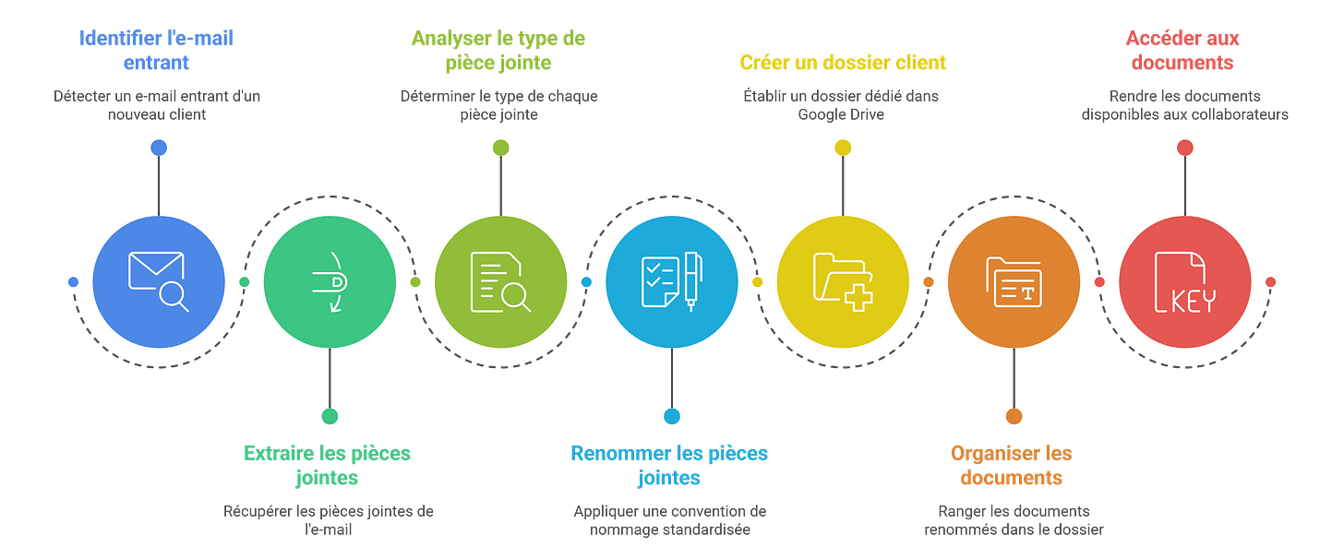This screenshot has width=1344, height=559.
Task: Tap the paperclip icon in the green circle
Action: pyautogui.click(x=330, y=280)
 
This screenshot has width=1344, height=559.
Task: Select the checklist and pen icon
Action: pyautogui.click(x=671, y=280)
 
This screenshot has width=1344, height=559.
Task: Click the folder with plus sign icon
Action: pyautogui.click(x=843, y=280)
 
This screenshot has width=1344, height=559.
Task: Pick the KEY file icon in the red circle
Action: pyautogui.click(x=1184, y=280)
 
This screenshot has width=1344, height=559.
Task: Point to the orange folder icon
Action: pyautogui.click(x=1014, y=280)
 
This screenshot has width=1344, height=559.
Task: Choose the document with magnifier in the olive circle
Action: pyautogui.click(x=500, y=280)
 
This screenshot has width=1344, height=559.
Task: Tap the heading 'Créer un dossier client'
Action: pyautogui.click(x=842, y=63)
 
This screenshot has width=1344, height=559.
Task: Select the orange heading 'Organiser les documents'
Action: pyautogui.click(x=1012, y=465)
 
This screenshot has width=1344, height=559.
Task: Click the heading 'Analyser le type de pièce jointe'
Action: pyautogui.click(x=498, y=50)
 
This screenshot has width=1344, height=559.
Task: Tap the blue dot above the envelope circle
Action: pyautogui.click(x=159, y=148)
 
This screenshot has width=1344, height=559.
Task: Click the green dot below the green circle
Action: pyautogui.click(x=330, y=416)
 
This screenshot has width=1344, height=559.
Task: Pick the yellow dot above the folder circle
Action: pyautogui.click(x=843, y=148)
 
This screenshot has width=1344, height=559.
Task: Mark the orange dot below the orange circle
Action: pyautogui.click(x=1014, y=416)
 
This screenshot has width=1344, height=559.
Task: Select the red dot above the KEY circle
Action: pyautogui.click(x=1184, y=148)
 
